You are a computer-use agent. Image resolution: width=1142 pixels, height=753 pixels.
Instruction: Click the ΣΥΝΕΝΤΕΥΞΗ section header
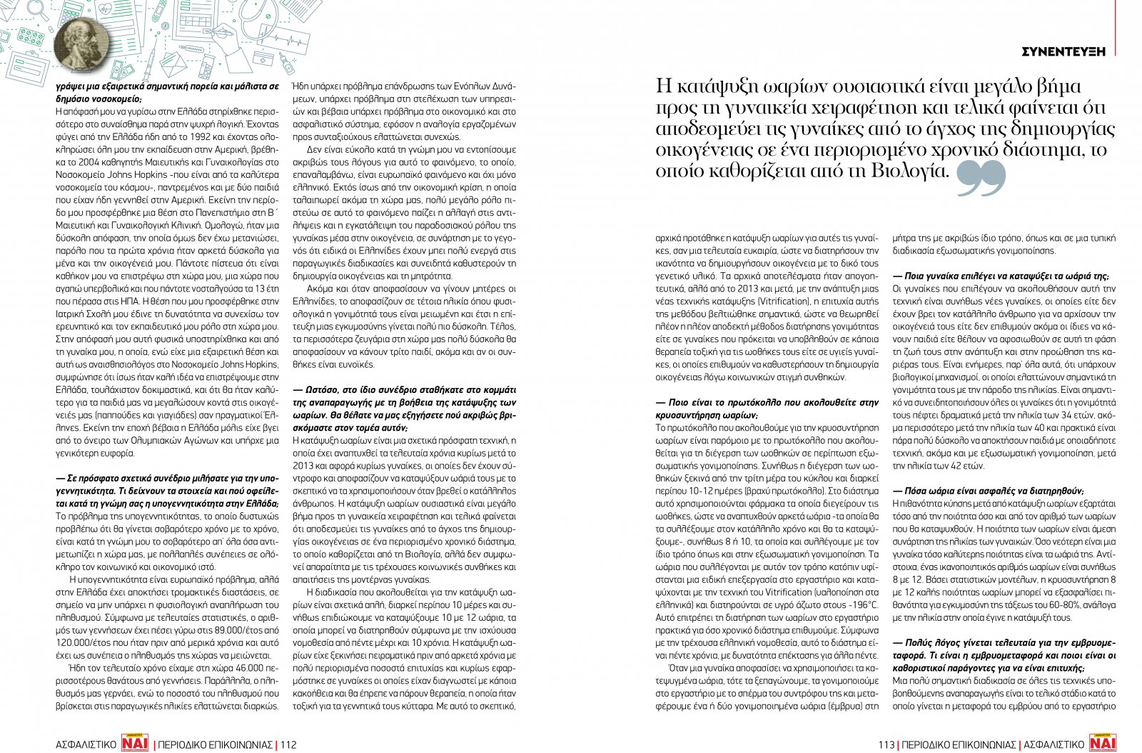[x=1063, y=51]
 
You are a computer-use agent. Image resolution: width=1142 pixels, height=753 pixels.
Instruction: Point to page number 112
[x=288, y=744]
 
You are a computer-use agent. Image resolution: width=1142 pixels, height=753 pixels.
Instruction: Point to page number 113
[x=886, y=744]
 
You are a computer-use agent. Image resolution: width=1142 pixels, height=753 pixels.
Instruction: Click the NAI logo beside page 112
[x=136, y=744]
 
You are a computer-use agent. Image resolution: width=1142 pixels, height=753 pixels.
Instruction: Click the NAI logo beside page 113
[x=1103, y=744]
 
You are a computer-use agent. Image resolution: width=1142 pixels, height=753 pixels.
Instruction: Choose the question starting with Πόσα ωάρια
[x=989, y=491]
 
